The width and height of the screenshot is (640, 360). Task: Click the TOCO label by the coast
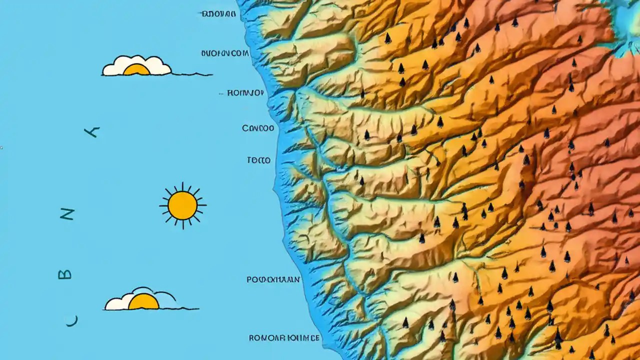[x=258, y=160]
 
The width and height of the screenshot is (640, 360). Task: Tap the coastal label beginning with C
[x=258, y=128]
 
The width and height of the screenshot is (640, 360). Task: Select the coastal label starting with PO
[x=273, y=279]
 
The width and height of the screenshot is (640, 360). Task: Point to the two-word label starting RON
[x=284, y=338]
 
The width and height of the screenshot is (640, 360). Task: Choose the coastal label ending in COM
[x=225, y=53]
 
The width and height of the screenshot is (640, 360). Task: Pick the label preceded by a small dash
[x=245, y=93]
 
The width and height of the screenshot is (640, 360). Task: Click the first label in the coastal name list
[x=218, y=14]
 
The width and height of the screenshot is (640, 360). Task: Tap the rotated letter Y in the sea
[x=92, y=132]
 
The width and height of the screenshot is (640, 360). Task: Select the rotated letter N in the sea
[x=67, y=215]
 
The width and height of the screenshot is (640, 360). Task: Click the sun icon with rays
[x=182, y=205]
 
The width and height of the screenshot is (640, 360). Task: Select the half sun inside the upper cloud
[x=136, y=70]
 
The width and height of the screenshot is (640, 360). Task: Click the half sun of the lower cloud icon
[x=143, y=302]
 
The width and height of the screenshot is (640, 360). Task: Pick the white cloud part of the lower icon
[x=116, y=302]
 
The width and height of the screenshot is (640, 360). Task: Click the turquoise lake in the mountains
[x=628, y=22]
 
